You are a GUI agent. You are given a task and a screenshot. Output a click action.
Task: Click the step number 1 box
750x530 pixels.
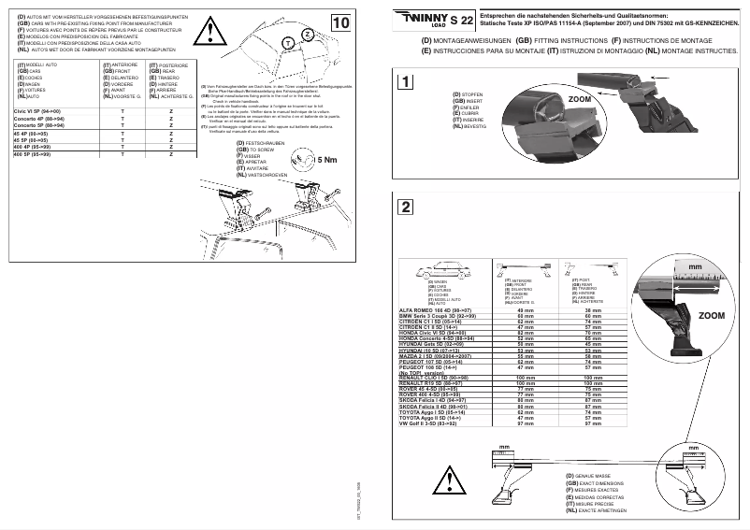(x=404, y=81)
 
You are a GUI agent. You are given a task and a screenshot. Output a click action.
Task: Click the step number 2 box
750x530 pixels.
(x=404, y=207)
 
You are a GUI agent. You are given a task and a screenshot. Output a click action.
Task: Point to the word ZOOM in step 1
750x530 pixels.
(x=580, y=97)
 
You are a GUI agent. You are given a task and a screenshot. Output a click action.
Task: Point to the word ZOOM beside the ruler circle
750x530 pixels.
(x=713, y=317)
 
